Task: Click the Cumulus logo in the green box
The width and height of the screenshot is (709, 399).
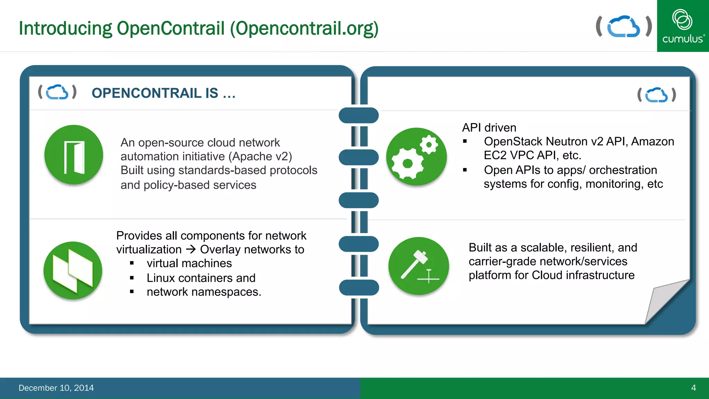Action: [683, 26]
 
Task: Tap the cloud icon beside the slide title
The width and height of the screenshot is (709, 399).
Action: [623, 26]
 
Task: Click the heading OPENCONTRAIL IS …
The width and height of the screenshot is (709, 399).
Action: [163, 93]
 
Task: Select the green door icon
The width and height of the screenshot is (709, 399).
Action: [74, 154]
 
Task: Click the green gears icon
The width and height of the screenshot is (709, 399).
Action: [416, 157]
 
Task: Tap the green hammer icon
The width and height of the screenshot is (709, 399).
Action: [419, 266]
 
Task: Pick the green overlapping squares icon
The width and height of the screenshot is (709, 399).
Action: [73, 271]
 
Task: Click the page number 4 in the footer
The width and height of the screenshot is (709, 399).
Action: [693, 388]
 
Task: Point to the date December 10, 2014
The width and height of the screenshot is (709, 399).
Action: [56, 388]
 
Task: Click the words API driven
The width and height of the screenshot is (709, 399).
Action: [489, 127]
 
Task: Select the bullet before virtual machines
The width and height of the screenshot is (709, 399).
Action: [132, 263]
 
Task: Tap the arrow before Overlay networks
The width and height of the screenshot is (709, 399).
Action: [191, 249]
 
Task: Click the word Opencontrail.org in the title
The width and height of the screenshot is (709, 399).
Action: [305, 28]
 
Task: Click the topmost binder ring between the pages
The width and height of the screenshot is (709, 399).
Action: [359, 115]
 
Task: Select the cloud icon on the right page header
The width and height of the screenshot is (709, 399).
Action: [656, 95]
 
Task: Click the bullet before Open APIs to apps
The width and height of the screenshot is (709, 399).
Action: [465, 170]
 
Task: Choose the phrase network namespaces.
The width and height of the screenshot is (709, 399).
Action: [204, 292]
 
